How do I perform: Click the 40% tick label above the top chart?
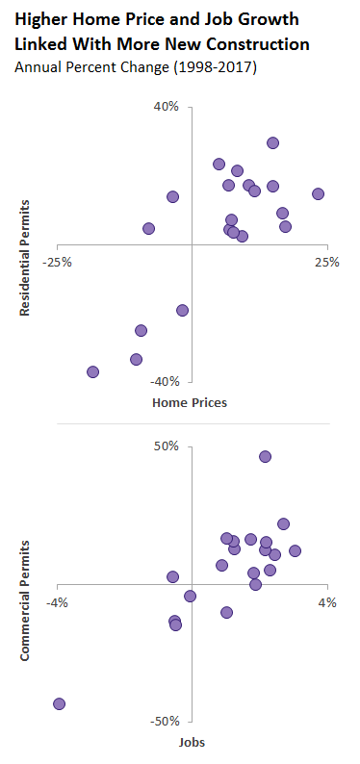(167, 107)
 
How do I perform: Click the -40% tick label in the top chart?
(165, 382)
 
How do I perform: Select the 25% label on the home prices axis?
(328, 262)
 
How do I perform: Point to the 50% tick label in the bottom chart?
(167, 446)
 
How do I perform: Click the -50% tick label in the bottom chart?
(165, 722)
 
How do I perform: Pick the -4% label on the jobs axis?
(58, 602)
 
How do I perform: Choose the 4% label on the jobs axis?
(327, 602)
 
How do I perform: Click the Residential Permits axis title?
(27, 258)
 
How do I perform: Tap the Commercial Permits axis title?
(27, 599)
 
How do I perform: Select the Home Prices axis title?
(190, 402)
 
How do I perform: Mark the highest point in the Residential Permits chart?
(272, 142)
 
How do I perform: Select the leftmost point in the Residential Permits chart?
(92, 371)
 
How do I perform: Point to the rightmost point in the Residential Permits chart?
(318, 193)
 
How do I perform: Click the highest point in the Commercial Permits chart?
(265, 456)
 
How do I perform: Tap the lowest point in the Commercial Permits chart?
(59, 703)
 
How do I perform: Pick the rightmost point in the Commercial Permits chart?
(295, 550)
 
